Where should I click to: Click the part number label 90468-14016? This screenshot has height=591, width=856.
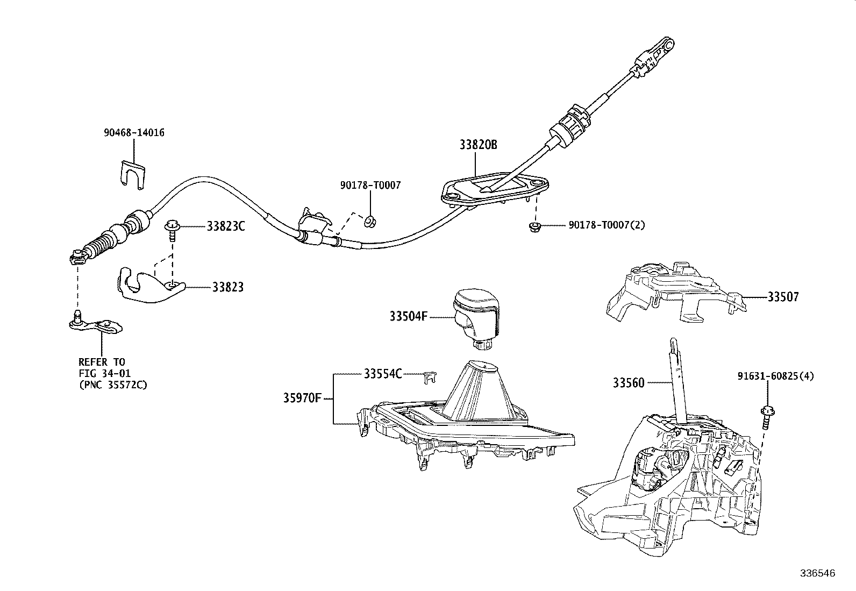tap(134, 133)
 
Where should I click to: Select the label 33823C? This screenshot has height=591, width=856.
tap(226, 226)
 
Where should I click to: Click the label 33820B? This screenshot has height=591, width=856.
tap(478, 145)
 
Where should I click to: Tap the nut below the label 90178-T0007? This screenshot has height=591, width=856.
tap(370, 220)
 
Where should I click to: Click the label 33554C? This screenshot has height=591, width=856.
tap(382, 373)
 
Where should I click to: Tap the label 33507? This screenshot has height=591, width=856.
tap(783, 297)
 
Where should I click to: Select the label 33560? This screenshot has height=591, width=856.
tap(629, 383)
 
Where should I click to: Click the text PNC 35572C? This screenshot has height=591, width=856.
tap(113, 384)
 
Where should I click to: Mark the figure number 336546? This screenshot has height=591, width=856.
tap(817, 574)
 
